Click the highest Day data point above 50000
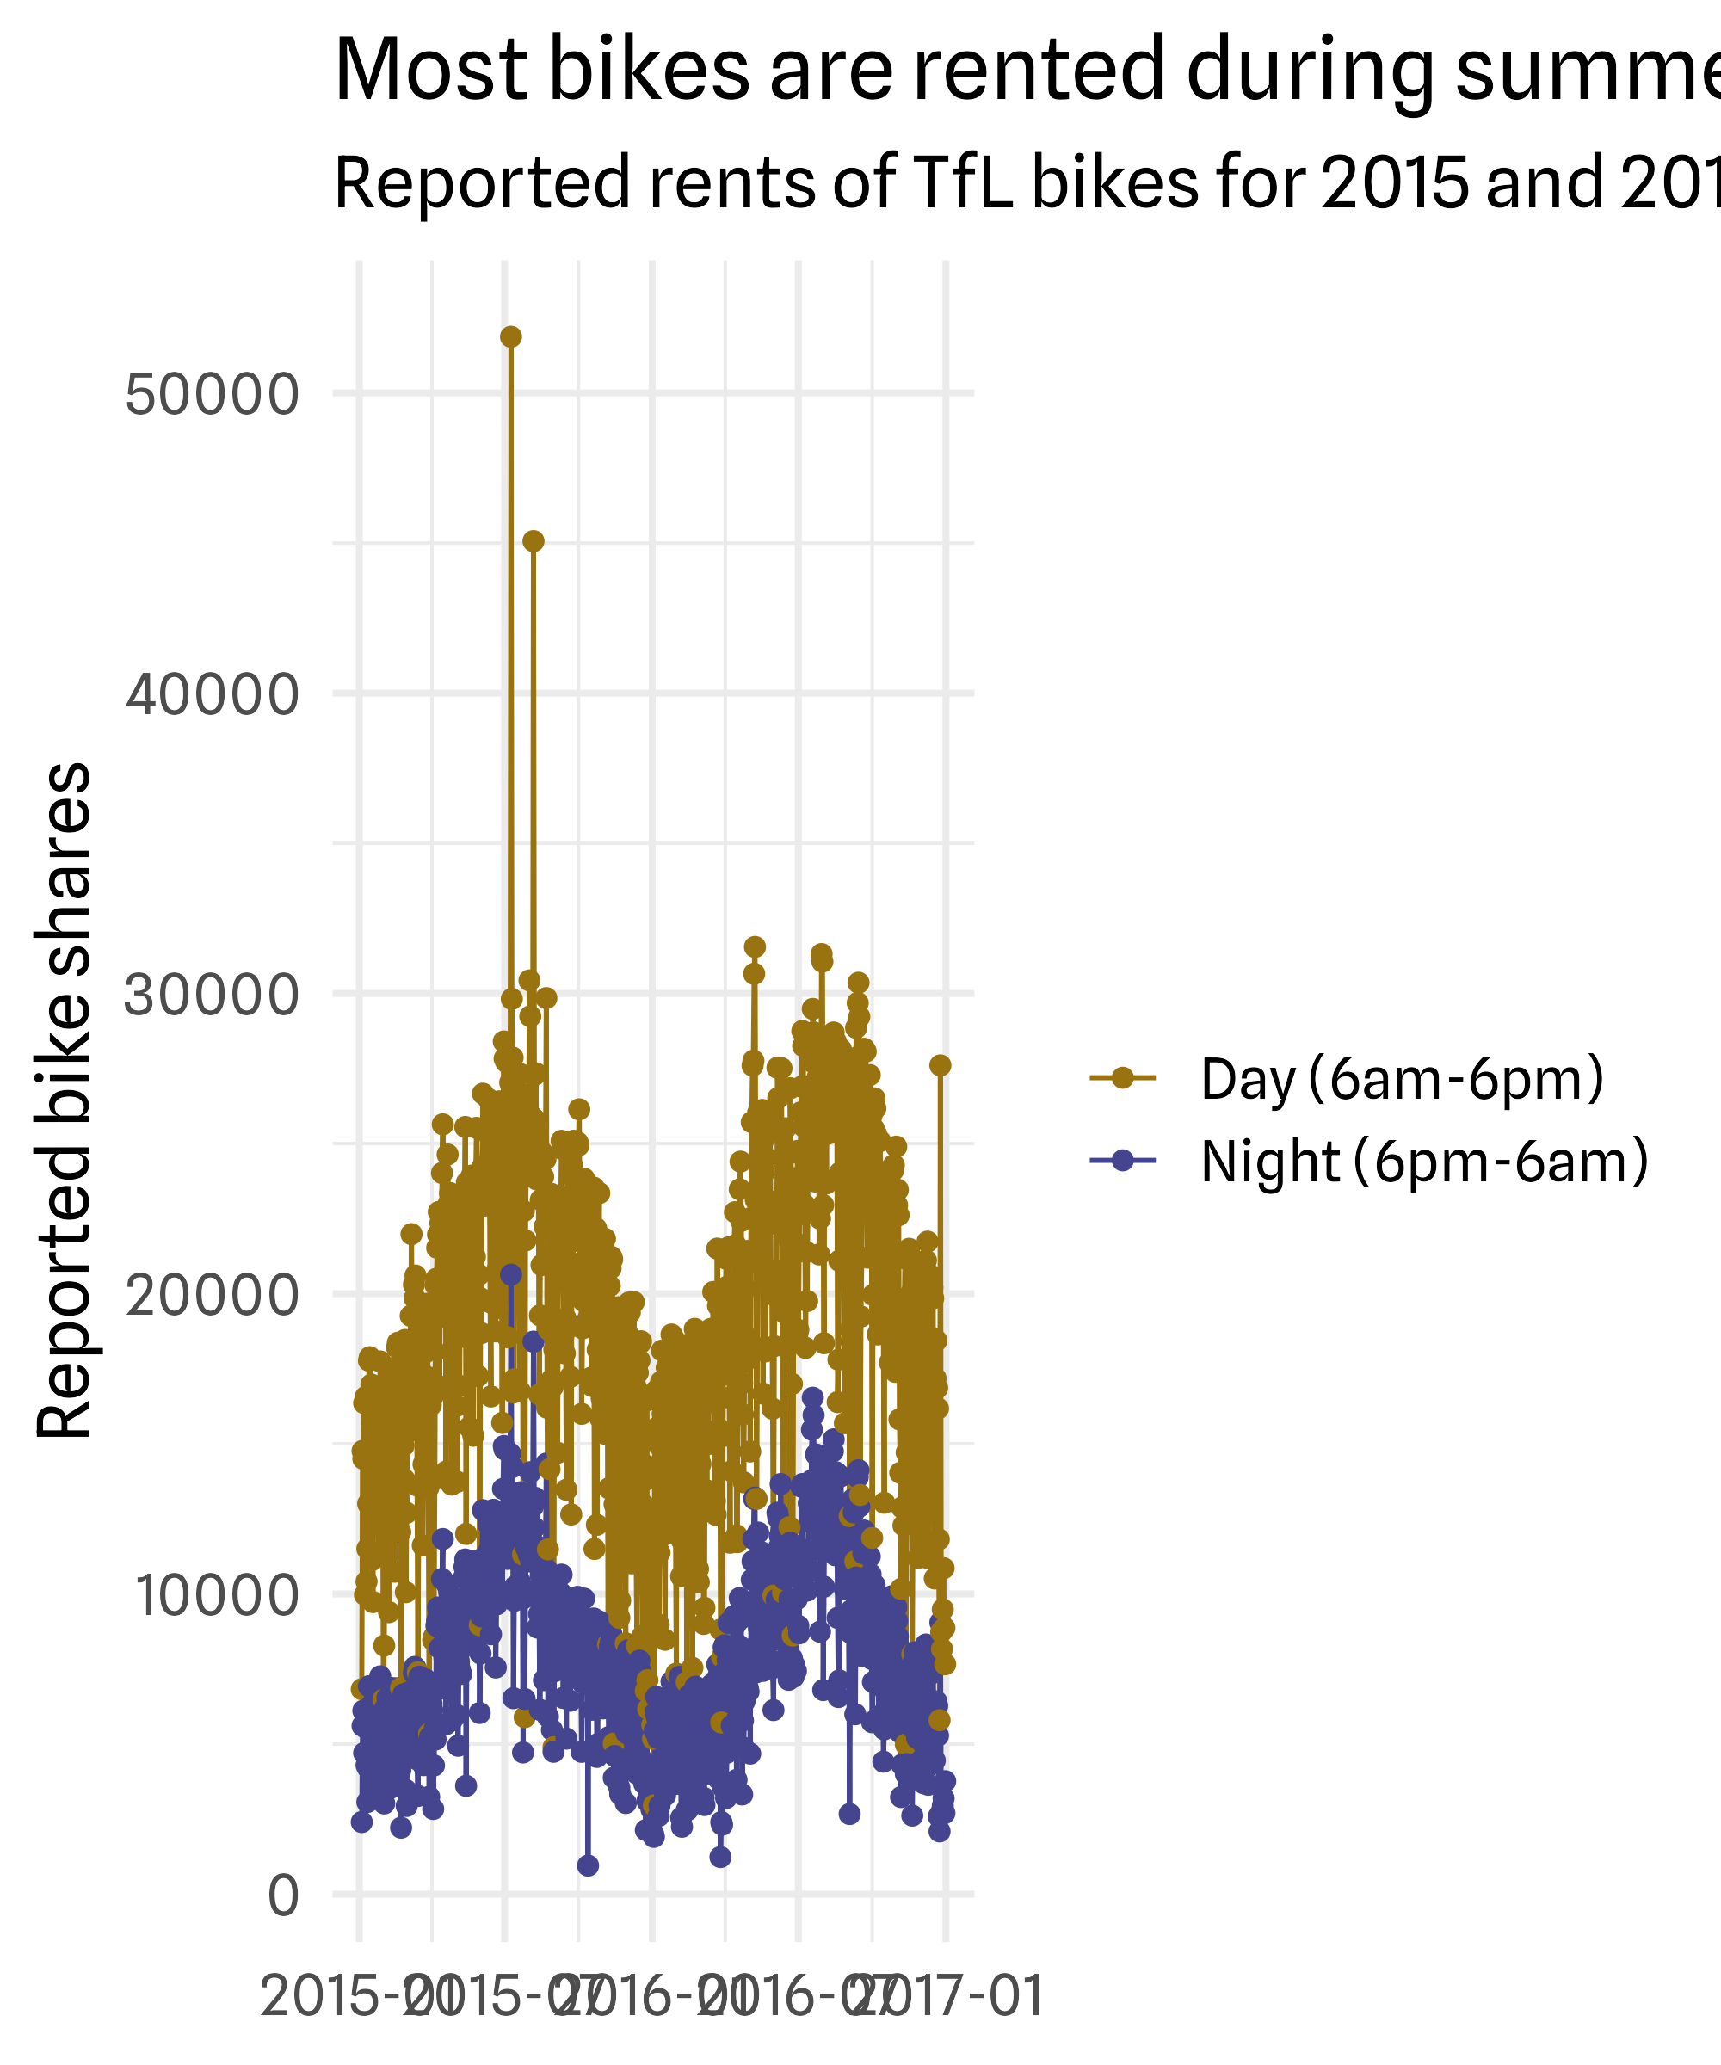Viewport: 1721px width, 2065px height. point(510,337)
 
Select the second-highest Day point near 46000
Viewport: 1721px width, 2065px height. point(533,541)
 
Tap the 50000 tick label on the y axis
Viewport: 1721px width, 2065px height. point(212,394)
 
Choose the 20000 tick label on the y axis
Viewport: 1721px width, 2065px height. point(212,1295)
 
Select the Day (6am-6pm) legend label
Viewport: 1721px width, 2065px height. point(1403,1079)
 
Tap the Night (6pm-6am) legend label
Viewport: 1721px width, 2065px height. point(1424,1162)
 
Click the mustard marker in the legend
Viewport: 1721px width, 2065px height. point(1122,1079)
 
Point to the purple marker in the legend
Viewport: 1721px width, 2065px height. point(1122,1162)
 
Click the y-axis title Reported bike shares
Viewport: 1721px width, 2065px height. point(65,1101)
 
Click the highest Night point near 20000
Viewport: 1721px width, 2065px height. point(510,1274)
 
